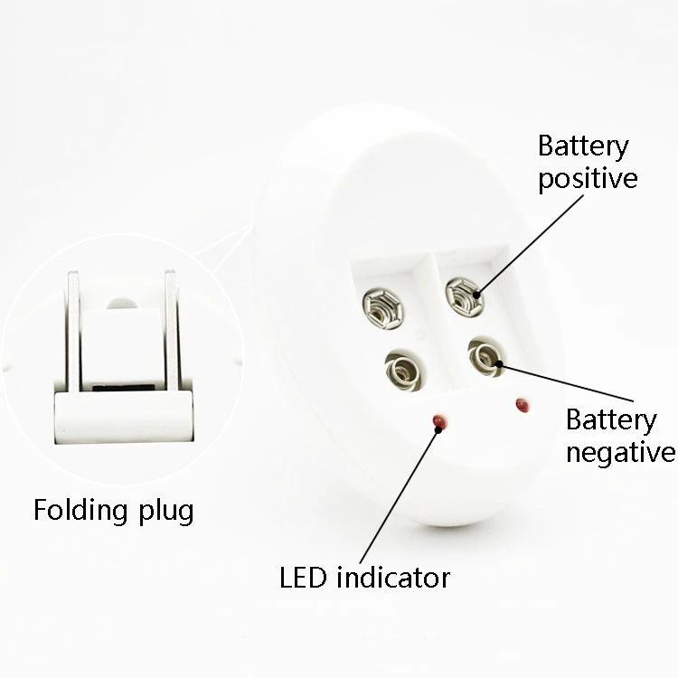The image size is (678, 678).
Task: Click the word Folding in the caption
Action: (x=80, y=510)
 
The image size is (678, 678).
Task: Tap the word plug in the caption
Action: (x=165, y=512)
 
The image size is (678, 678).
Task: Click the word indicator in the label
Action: (x=393, y=578)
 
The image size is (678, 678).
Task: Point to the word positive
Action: (x=588, y=178)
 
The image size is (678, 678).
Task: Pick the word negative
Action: (x=620, y=452)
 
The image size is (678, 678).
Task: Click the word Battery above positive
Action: (x=583, y=147)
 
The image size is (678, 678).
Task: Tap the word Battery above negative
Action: (x=611, y=420)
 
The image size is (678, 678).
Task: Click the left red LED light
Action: (x=438, y=420)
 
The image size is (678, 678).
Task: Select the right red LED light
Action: (x=522, y=405)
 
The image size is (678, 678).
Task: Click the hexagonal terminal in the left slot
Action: (x=383, y=309)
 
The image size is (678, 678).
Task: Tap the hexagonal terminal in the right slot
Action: (x=465, y=297)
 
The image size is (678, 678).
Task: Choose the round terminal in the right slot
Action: (x=485, y=357)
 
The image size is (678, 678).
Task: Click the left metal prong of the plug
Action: (x=73, y=332)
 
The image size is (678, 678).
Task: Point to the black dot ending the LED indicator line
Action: (x=438, y=429)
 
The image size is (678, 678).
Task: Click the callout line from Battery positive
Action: (x=530, y=245)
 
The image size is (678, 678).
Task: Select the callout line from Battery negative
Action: (x=565, y=382)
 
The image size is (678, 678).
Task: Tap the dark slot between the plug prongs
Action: (x=123, y=388)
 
